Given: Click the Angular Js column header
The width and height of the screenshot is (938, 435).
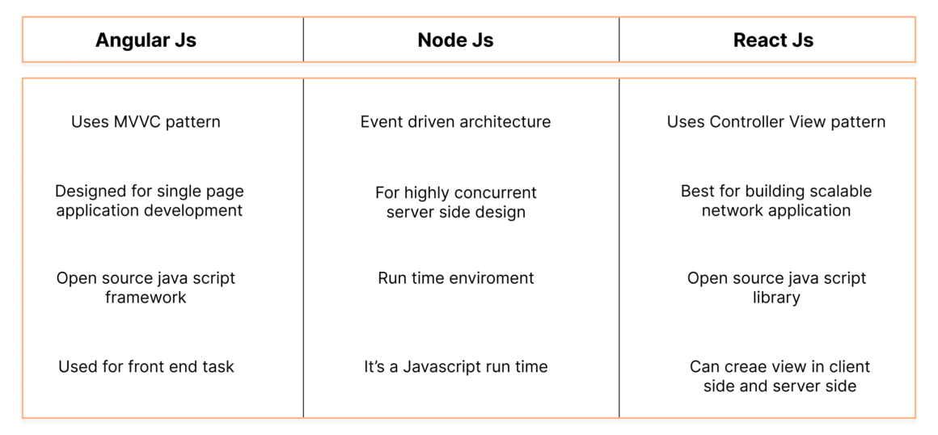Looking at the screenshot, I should [x=146, y=40].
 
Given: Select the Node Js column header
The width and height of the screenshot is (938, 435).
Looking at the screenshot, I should [x=455, y=40].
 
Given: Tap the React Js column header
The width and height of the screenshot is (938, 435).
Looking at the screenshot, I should [x=773, y=40].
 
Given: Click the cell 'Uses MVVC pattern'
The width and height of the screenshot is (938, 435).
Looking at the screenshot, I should [x=146, y=122].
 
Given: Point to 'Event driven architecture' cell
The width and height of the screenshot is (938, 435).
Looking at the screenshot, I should [x=455, y=122].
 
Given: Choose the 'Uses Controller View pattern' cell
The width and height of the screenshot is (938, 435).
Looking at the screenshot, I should [x=775, y=122].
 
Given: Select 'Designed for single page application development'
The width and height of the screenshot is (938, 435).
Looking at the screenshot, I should [x=149, y=201].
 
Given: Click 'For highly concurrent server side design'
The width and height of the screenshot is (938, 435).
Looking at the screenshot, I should [x=455, y=203].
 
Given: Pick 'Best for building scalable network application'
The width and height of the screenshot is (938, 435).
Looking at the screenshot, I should [x=775, y=201].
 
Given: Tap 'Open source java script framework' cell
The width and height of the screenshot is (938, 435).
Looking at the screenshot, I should [x=146, y=288].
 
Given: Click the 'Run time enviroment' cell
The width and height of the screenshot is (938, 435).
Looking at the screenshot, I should [x=455, y=278].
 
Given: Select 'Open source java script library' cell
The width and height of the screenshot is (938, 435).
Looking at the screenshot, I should [x=775, y=288].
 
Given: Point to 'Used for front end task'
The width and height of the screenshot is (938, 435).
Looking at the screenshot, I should [x=146, y=367].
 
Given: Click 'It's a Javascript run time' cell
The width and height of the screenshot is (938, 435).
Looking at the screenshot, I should [x=455, y=367].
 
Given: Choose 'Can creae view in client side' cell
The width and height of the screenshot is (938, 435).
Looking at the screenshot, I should [x=779, y=377].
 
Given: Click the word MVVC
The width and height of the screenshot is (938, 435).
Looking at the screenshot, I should [x=135, y=122].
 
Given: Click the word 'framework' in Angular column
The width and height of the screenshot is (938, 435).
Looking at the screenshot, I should [x=146, y=298].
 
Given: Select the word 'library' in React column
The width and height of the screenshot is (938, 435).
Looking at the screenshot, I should [x=775, y=298].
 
